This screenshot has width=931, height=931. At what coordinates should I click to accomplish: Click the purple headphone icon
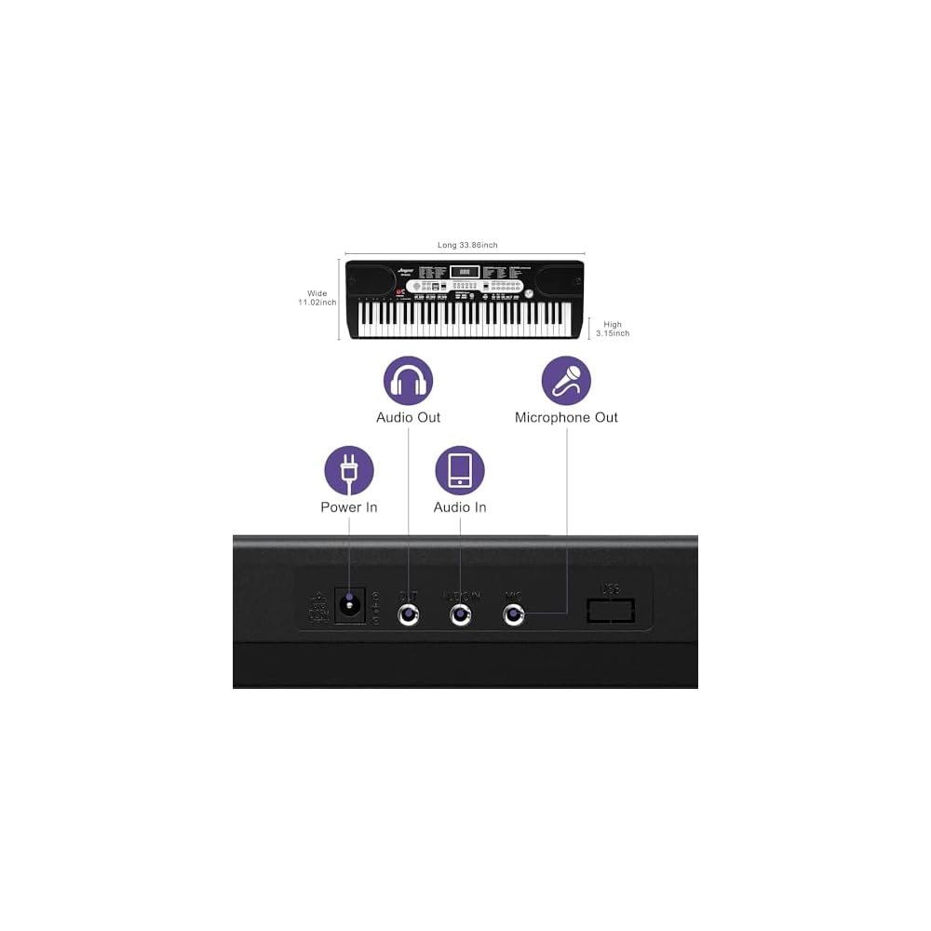pos(409,380)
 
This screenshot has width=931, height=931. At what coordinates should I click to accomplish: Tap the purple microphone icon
pos(566,380)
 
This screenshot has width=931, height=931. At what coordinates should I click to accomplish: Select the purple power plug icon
pos(349,470)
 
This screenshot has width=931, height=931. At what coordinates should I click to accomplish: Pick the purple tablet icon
pos(460,470)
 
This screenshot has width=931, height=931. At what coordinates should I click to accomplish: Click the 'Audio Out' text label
pos(409,417)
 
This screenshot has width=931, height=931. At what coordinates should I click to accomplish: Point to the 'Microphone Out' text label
pos(566,417)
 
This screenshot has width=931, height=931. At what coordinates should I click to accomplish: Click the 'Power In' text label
pos(349,507)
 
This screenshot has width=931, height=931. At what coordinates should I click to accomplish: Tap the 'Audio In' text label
pos(460,507)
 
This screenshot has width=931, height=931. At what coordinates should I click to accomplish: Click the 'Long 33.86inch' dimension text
pos(467,245)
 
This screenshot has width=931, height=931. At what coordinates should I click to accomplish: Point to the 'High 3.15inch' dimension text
pos(613,329)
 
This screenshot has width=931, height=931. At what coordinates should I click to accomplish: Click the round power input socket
pos(350,605)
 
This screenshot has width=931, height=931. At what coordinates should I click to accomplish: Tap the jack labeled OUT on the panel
pos(409,614)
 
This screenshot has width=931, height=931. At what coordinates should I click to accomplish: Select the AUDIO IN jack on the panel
pos(460,614)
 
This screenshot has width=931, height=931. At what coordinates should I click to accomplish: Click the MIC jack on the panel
pos(513,614)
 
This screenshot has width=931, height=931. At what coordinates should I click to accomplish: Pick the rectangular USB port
pos(611,611)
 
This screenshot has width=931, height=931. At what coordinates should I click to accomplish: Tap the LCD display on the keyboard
pos(465,272)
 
